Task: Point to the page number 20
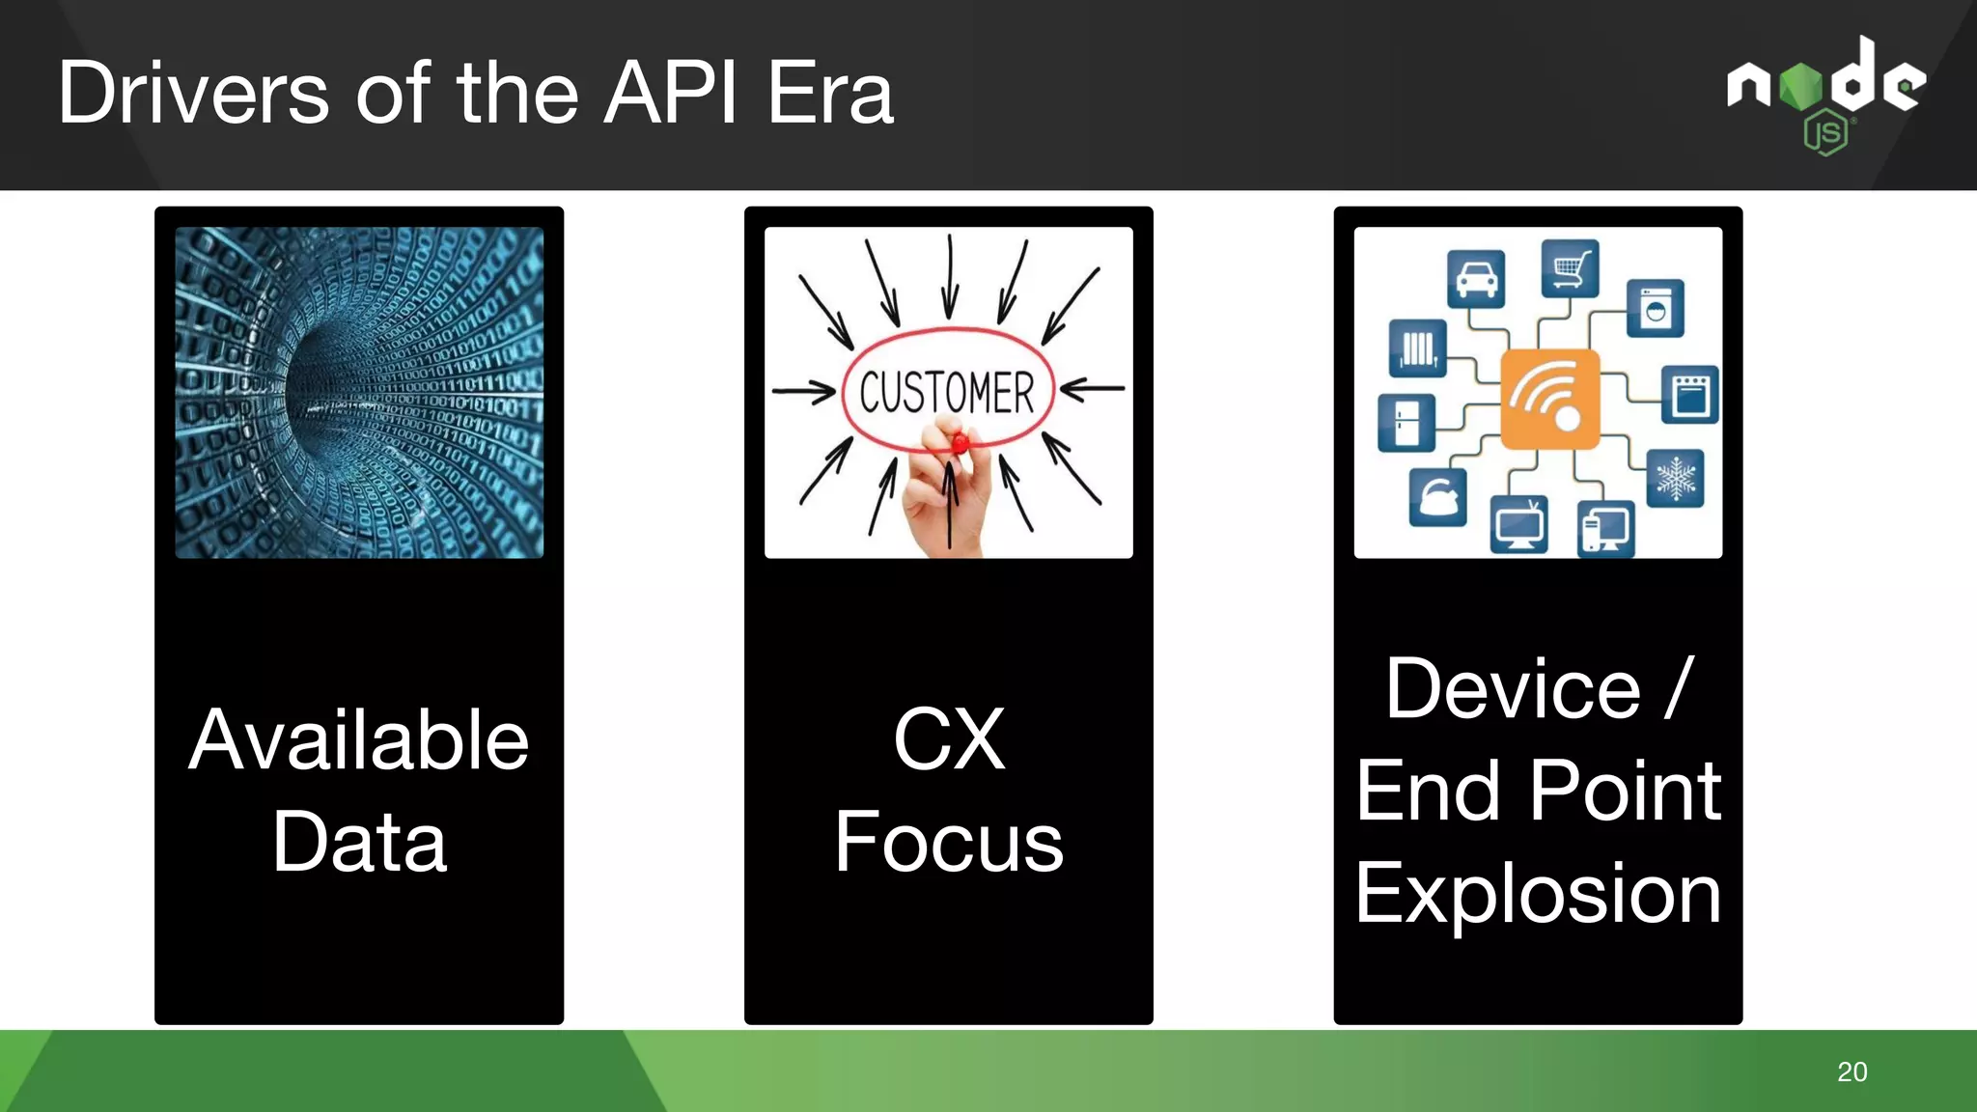tap(1852, 1071)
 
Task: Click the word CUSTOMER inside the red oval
tap(947, 392)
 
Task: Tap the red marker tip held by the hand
tap(960, 443)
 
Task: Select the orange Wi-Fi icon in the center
tap(1549, 399)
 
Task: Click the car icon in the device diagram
tap(1476, 279)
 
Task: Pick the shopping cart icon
tap(1570, 267)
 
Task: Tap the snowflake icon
tap(1675, 478)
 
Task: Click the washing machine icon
tap(1655, 309)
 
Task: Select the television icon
tap(1518, 524)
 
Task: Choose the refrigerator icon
tap(1406, 422)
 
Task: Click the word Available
tap(359, 740)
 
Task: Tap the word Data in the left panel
tap(359, 842)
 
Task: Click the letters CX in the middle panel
tap(948, 740)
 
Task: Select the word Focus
tap(948, 842)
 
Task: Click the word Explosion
tap(1538, 894)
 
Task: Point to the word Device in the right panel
tap(1513, 689)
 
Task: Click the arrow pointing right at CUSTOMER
tap(803, 392)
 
